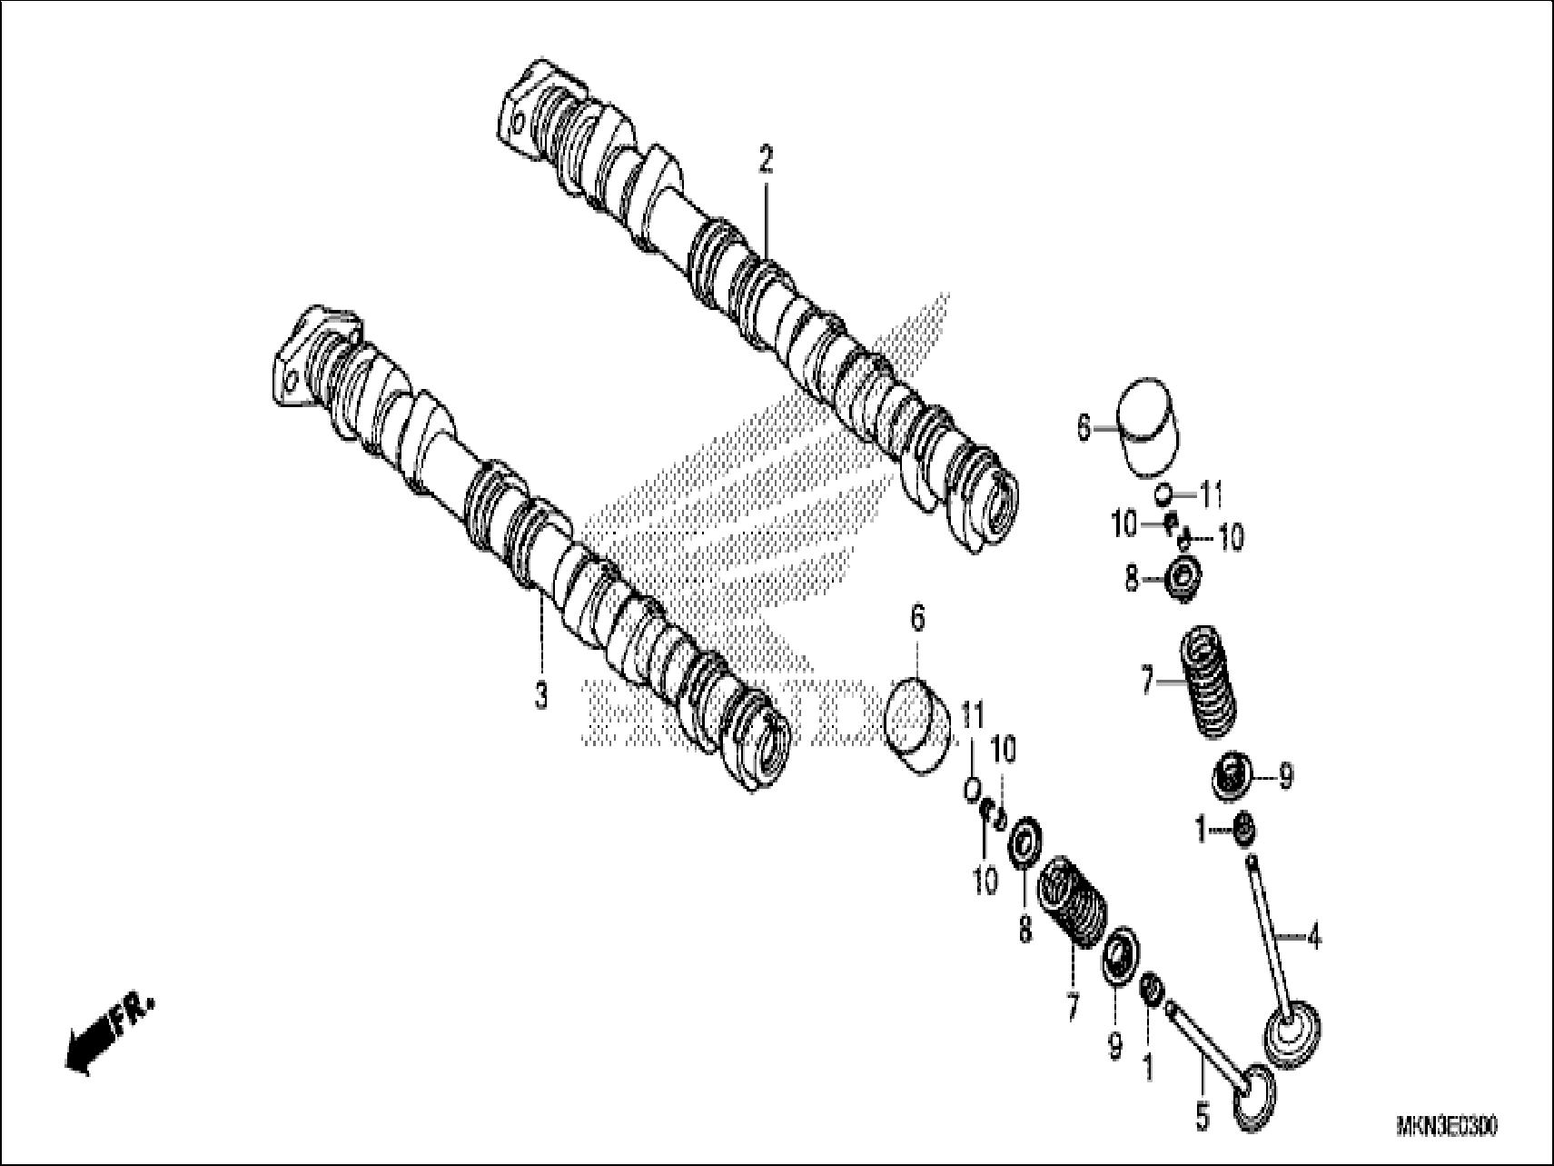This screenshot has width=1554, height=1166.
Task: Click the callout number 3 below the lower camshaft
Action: coord(540,697)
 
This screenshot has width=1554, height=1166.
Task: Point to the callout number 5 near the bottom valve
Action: coord(1203,1117)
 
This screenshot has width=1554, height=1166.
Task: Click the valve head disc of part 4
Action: coord(1292,1034)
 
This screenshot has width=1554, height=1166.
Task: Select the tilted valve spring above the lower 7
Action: coord(1074,902)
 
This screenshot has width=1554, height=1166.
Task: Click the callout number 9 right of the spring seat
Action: coord(1285,776)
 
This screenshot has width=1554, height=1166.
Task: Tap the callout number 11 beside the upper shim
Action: coord(1213,496)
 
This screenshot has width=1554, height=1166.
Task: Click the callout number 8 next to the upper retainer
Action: coord(1132,579)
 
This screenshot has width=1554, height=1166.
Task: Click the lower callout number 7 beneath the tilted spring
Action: coord(1072,1006)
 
